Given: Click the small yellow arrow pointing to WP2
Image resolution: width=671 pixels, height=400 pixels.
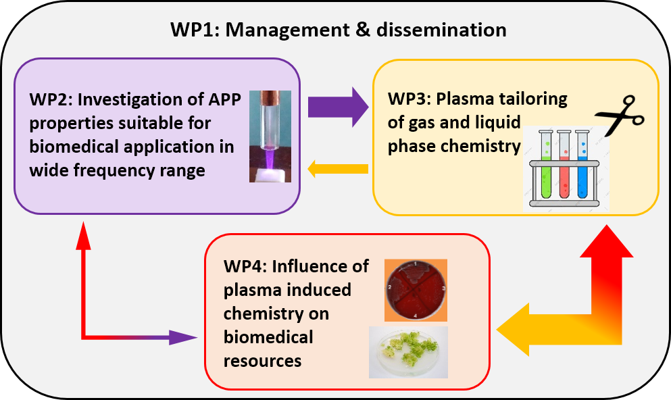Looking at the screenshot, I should [338, 169].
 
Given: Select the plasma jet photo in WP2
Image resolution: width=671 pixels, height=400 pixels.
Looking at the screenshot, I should [270, 135].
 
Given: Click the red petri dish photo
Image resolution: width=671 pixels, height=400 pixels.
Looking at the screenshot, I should [416, 290].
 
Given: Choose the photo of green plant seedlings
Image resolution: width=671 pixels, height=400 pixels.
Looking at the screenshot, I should [408, 352].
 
